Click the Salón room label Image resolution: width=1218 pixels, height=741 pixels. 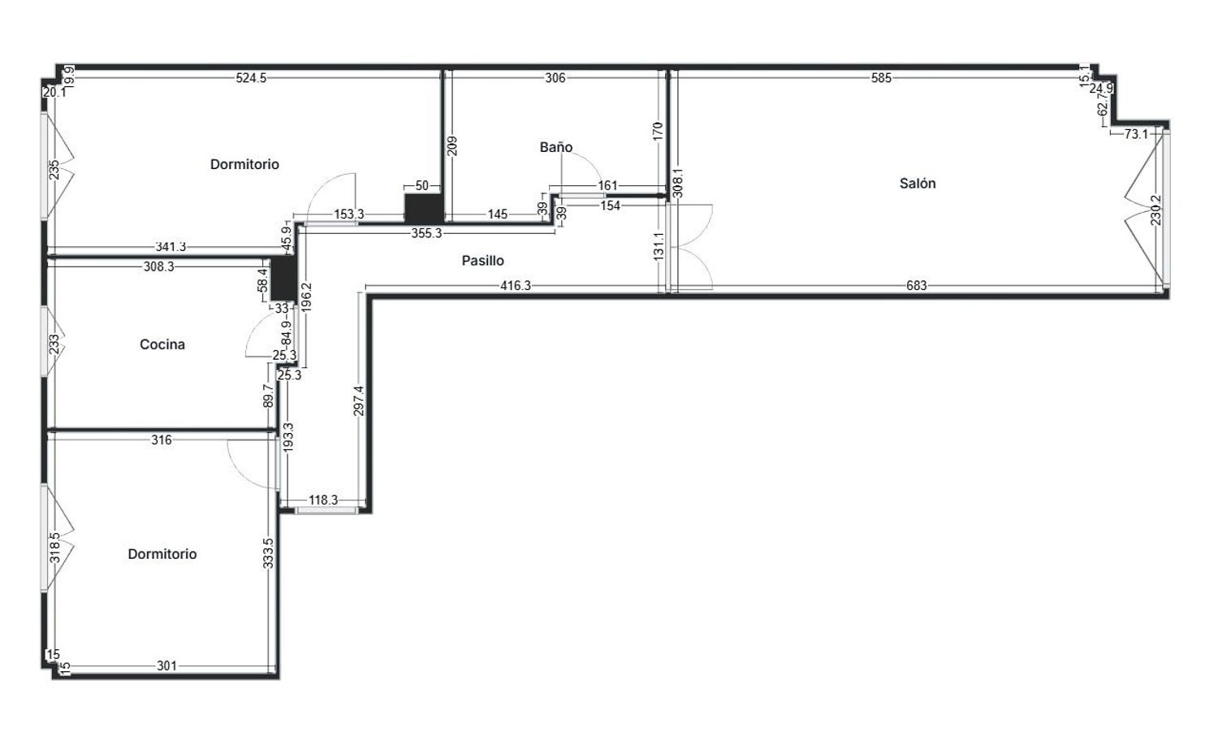pyautogui.click(x=918, y=184)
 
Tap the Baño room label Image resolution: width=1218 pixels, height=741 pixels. pyautogui.click(x=555, y=147)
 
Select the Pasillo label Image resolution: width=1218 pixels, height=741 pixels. pyautogui.click(x=483, y=261)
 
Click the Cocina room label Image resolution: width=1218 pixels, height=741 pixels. pyautogui.click(x=162, y=344)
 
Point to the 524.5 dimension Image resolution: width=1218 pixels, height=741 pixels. pyautogui.click(x=251, y=78)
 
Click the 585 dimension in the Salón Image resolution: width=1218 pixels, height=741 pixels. pyautogui.click(x=881, y=78)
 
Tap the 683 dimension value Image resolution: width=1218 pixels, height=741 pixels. pyautogui.click(x=916, y=285)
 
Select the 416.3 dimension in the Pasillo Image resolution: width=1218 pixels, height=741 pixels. pyautogui.click(x=516, y=285)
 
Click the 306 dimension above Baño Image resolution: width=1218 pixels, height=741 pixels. pyautogui.click(x=555, y=78)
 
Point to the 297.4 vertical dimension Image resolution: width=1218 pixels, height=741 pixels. pyautogui.click(x=359, y=401)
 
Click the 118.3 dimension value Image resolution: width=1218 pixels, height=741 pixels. pyautogui.click(x=323, y=500)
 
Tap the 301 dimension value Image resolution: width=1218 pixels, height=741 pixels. pyautogui.click(x=166, y=665)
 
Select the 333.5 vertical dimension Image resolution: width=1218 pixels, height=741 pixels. pyautogui.click(x=268, y=553)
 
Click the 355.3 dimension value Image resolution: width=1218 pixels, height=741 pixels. pyautogui.click(x=427, y=233)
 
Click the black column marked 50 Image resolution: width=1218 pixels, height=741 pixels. pyautogui.click(x=423, y=208)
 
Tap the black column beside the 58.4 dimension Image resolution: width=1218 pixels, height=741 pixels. pyautogui.click(x=284, y=279)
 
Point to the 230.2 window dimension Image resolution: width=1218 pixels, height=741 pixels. pyautogui.click(x=1156, y=210)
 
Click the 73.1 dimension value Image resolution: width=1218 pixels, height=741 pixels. pyautogui.click(x=1136, y=134)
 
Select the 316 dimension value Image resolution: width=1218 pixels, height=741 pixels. pyautogui.click(x=162, y=440)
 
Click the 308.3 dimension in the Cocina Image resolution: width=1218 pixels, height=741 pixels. pyautogui.click(x=159, y=266)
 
